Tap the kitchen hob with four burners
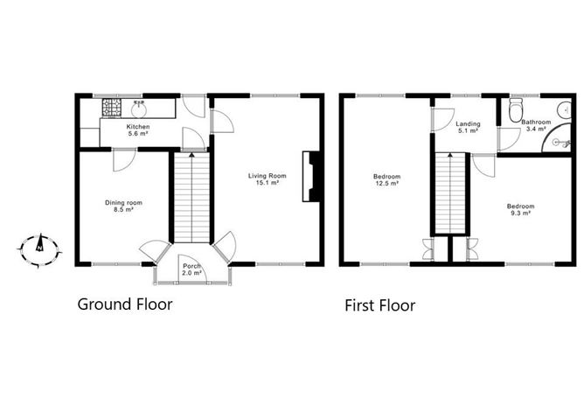pos(113,108)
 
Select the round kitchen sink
pos(138,110)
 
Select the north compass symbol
pos(39,248)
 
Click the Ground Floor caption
pos(125,304)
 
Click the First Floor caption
pos(379,305)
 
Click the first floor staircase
pos(452,194)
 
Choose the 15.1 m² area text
pos(268,184)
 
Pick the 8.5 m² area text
pos(123,211)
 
